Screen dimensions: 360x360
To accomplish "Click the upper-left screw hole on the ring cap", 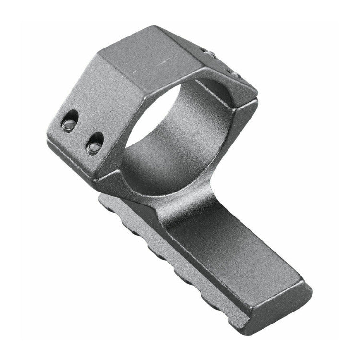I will (x=70, y=120).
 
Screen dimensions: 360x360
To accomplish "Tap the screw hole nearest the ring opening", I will (x=95, y=143).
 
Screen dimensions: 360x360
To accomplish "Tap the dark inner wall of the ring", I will (x=192, y=139).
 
